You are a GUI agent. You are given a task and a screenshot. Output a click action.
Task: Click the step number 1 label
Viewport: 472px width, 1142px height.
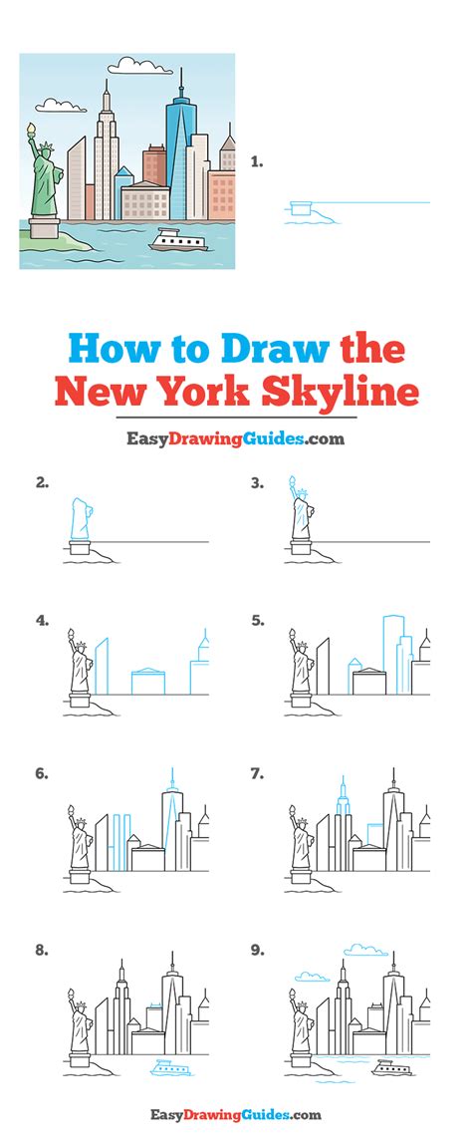point(257,160)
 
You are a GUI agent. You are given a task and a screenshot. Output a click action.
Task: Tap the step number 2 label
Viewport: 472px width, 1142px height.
point(42,483)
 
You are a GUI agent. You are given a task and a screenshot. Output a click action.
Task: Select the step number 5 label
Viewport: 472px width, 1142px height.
point(258,620)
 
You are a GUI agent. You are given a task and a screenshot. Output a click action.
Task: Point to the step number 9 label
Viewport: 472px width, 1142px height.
point(258,951)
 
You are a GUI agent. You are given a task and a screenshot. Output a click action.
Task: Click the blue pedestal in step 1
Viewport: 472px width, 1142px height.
point(298,207)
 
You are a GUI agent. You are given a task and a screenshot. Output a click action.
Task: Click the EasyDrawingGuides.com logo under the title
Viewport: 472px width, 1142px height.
point(235,439)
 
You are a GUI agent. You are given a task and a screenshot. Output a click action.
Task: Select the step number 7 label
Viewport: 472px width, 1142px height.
point(258,772)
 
